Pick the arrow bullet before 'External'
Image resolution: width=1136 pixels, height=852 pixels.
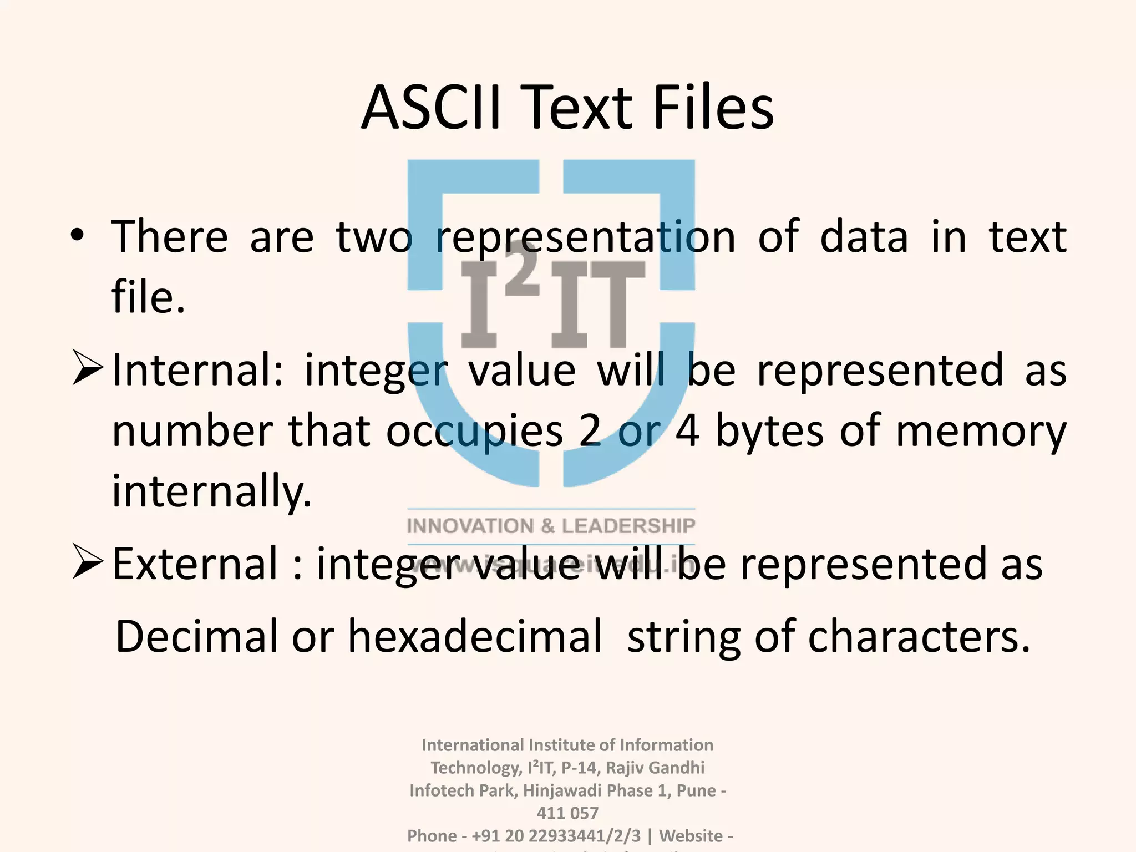[88, 563]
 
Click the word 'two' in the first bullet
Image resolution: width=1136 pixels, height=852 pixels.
[374, 237]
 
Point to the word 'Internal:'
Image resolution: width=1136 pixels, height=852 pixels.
[197, 371]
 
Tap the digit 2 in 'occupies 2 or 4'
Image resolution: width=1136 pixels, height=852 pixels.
[590, 432]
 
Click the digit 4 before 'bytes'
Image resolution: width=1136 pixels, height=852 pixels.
[687, 432]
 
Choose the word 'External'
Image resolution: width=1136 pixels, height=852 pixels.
[195, 564]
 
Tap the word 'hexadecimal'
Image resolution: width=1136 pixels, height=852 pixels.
[475, 637]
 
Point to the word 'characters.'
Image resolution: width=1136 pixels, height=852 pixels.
[919, 637]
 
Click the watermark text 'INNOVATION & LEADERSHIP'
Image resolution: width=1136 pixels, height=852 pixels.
[551, 526]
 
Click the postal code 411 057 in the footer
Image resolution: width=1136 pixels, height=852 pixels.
[567, 813]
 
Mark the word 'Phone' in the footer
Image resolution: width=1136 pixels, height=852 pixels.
[432, 835]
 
